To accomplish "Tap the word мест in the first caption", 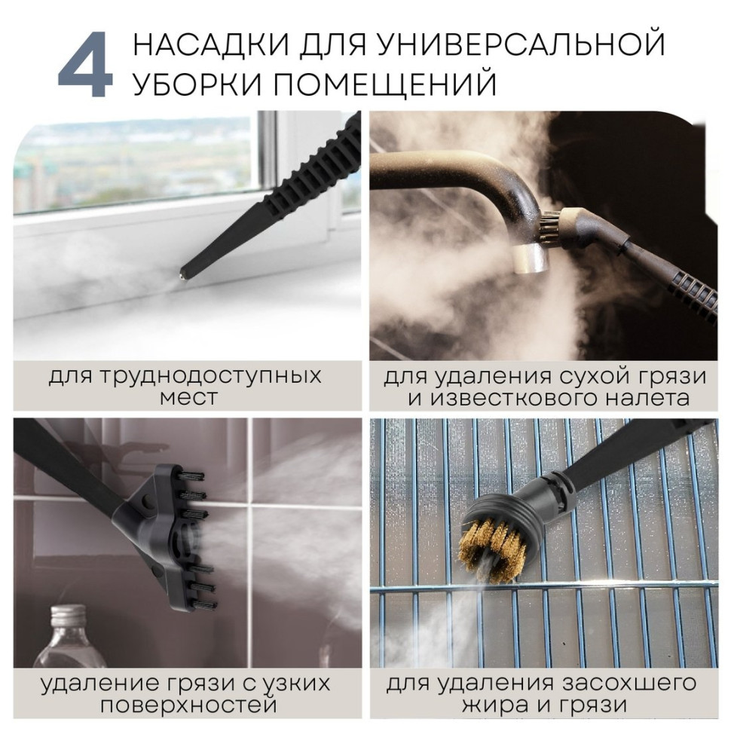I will (x=188, y=398).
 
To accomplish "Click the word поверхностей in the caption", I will (x=188, y=706).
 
